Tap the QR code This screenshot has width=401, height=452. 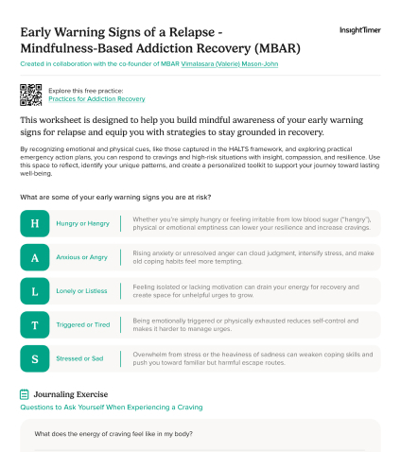coord(30,94)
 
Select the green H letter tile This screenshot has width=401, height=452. coord(35,223)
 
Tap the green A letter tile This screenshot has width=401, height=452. coord(35,257)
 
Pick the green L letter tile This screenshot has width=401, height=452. coord(35,291)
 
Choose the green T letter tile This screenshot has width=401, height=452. coord(35,325)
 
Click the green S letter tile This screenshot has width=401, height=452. coord(35,359)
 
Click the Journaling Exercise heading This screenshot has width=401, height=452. coord(83,393)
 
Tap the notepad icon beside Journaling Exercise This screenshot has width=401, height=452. coord(25,393)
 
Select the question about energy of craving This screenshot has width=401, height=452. coord(115,434)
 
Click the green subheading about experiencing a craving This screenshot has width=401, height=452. coord(111,408)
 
